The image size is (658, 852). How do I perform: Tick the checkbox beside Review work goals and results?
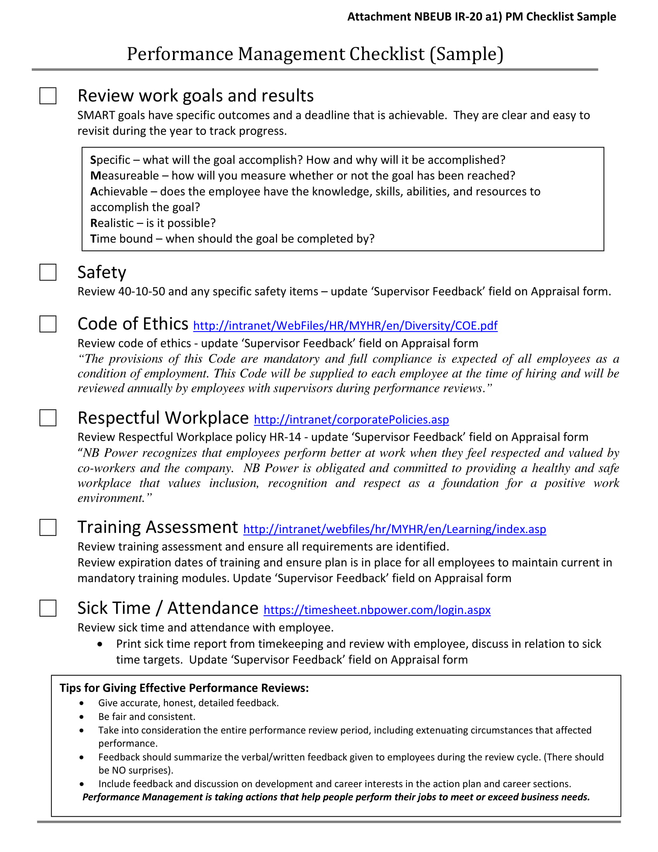48,96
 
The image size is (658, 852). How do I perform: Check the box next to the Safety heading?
48,272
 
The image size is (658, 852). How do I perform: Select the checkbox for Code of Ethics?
48,324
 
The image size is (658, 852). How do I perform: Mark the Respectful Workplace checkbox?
48,417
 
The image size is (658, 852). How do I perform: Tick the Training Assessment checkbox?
48,527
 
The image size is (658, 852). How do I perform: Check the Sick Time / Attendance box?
48,608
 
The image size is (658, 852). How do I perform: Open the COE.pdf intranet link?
345,325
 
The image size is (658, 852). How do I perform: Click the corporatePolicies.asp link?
351,419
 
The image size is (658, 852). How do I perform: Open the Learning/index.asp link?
394,529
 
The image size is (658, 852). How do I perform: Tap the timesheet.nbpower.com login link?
377,610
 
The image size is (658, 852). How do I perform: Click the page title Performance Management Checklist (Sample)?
315,54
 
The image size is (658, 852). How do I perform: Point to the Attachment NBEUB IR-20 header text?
482,17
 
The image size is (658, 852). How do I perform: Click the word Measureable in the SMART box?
124,175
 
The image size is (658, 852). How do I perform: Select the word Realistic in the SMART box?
112,223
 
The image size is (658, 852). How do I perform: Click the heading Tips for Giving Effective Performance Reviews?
184,688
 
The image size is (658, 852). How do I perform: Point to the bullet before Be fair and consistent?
81,716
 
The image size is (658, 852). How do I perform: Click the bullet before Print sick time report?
100,644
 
